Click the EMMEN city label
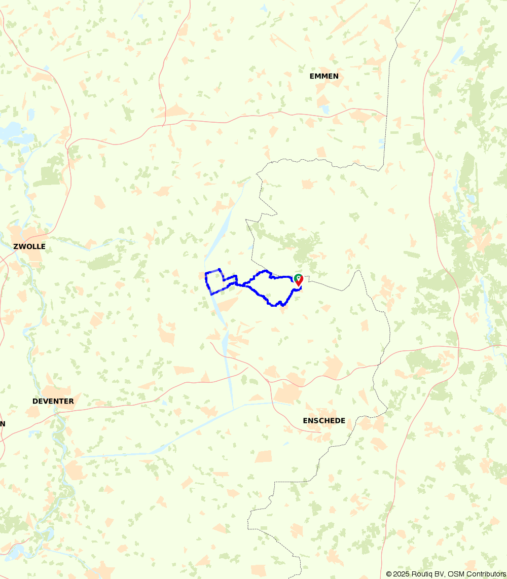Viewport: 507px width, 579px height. pos(324,77)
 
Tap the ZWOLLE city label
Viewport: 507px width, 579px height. pos(29,247)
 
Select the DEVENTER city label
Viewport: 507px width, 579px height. pos(53,401)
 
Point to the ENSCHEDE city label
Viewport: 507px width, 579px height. pos(324,421)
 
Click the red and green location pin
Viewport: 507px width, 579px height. pos(299,279)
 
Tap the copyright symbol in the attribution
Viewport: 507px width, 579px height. pos(389,574)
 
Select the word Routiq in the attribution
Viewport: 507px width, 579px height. pos(423,574)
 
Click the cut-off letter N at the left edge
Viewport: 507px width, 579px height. pos(3,424)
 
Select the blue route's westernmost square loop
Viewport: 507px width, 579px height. pos(214,280)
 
